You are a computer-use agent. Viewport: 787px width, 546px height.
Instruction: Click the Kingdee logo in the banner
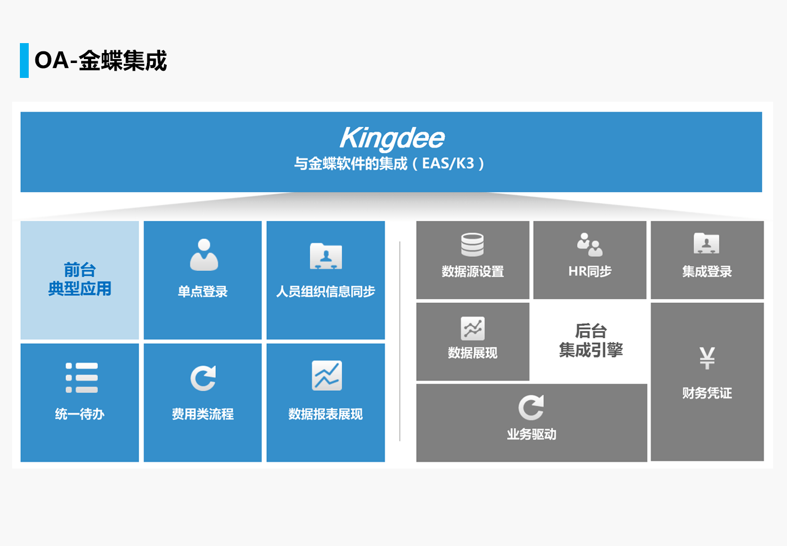(392, 138)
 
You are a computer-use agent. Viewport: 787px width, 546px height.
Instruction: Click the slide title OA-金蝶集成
(101, 61)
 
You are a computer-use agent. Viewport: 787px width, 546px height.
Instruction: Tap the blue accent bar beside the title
(24, 60)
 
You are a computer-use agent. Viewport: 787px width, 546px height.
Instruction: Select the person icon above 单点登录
(204, 255)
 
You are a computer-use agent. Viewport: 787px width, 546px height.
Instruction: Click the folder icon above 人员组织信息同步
(326, 256)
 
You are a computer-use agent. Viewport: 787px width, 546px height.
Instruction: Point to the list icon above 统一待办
(82, 378)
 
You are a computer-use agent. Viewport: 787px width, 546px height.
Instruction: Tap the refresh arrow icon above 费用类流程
(203, 378)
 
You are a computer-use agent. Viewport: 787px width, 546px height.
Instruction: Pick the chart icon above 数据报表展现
(326, 376)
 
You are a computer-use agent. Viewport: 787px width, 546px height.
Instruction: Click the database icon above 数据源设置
(473, 245)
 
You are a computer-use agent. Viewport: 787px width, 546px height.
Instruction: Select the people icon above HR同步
(590, 245)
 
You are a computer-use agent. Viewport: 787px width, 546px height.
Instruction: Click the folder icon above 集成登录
(706, 243)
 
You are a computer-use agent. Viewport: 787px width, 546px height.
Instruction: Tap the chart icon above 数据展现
(473, 329)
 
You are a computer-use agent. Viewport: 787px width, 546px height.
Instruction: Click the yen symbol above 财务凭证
(707, 358)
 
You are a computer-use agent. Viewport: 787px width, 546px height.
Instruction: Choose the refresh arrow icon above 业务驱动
(531, 408)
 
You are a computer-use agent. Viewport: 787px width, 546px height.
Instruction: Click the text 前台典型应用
(80, 280)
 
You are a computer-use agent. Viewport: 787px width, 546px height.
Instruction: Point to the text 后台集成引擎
(591, 340)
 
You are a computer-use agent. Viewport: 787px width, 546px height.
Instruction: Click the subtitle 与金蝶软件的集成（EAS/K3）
(389, 164)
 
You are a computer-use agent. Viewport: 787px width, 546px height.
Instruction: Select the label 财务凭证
(707, 393)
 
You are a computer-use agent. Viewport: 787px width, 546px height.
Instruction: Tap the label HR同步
(590, 272)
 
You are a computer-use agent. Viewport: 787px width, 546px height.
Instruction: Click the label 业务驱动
(531, 435)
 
